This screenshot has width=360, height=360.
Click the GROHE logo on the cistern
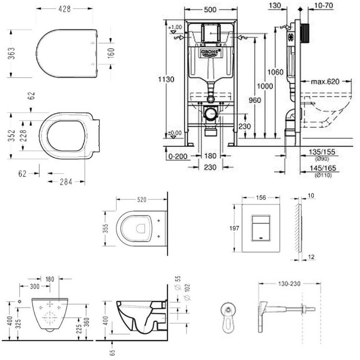211,53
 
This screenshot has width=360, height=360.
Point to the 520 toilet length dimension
141,199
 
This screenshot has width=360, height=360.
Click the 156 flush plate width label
261,197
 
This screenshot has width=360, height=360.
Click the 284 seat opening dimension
66,182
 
